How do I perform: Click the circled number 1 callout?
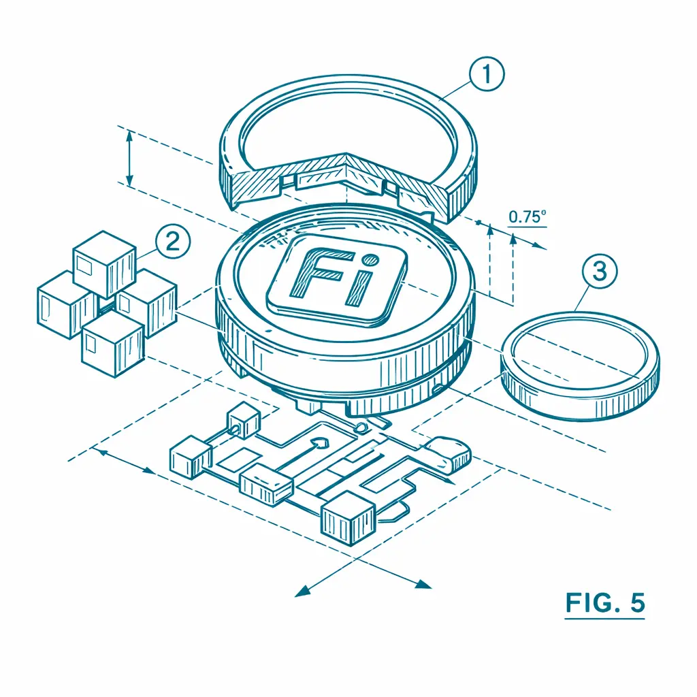(487, 74)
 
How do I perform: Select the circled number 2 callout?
(173, 242)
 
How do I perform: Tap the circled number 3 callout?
(600, 271)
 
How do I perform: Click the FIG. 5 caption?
(605, 603)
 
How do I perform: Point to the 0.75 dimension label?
(527, 216)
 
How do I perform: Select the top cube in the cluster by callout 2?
(104, 264)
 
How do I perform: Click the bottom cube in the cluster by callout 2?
(114, 343)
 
